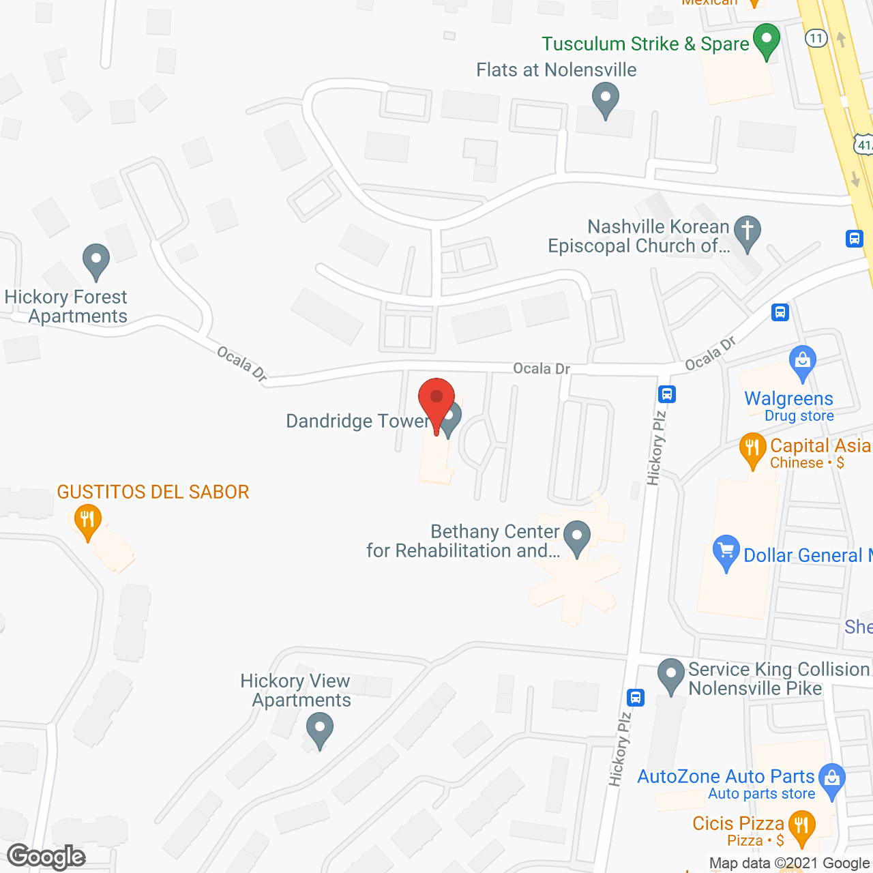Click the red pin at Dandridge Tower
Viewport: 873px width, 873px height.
[x=436, y=400]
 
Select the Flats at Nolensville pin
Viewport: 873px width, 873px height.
[x=605, y=99]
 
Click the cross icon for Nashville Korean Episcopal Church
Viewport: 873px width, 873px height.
[x=748, y=233]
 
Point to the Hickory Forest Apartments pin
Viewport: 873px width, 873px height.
[x=96, y=261]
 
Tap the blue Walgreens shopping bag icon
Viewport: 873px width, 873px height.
[x=802, y=363]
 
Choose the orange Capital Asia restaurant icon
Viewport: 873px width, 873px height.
[x=752, y=449]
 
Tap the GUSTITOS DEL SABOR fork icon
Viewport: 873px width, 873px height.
[x=87, y=521]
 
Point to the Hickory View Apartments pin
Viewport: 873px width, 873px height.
[x=319, y=729]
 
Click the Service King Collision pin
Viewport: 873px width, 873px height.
[x=671, y=675]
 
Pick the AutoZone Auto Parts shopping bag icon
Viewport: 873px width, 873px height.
[x=831, y=780]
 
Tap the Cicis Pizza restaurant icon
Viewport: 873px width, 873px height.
[x=801, y=827]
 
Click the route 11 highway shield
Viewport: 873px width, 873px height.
[x=816, y=38]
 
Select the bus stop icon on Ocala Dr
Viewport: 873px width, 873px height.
[x=780, y=312]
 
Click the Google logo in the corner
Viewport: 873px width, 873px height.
[x=46, y=857]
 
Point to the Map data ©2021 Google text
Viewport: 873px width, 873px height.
[x=789, y=863]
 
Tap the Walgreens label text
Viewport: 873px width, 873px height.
[x=788, y=398]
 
